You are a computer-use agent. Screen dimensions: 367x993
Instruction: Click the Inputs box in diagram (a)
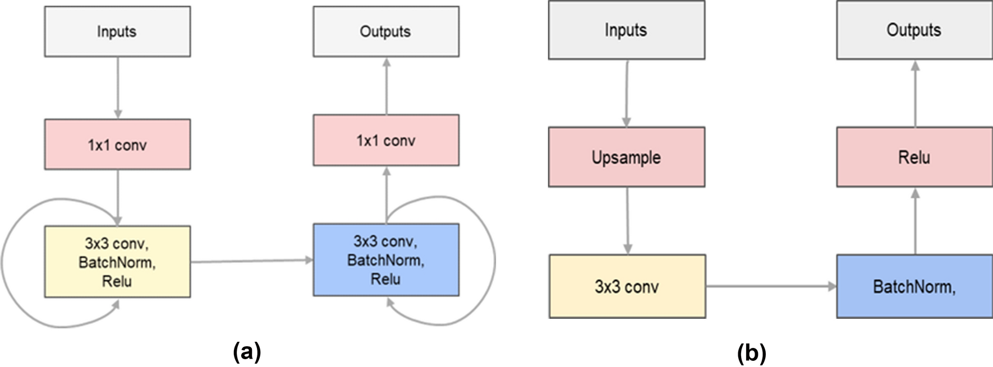(117, 31)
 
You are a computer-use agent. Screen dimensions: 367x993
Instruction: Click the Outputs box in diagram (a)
(386, 31)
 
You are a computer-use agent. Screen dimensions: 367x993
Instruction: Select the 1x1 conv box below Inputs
(117, 145)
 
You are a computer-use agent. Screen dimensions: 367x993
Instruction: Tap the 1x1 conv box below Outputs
(386, 140)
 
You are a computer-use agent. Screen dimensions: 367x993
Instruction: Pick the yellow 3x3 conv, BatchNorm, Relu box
(117, 262)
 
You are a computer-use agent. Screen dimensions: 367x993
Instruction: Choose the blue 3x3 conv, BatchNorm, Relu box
(386, 259)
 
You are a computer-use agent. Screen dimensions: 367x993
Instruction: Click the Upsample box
(626, 157)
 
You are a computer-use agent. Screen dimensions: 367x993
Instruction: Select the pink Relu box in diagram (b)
(914, 157)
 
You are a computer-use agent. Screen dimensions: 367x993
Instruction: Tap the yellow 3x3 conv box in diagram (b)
(627, 286)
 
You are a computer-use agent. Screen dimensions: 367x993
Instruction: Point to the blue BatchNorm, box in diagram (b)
(914, 286)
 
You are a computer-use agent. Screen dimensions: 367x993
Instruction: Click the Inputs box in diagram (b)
(626, 30)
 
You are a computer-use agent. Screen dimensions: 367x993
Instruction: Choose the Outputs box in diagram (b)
(914, 30)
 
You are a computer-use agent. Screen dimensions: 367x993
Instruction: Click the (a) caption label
(247, 352)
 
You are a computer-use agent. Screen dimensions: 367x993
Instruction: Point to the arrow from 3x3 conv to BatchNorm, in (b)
(771, 286)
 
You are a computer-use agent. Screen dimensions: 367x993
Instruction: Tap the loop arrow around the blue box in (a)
(494, 261)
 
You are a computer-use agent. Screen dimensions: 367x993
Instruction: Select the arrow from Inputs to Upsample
(627, 93)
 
